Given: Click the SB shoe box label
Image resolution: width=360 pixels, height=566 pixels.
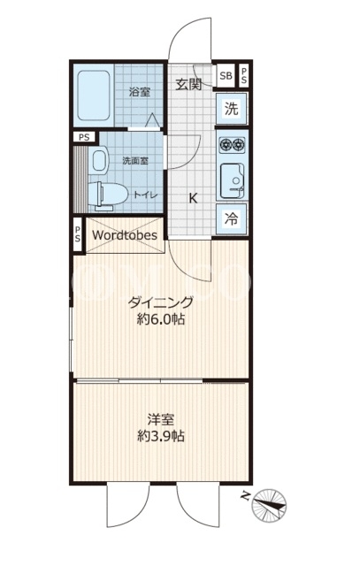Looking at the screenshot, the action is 226,76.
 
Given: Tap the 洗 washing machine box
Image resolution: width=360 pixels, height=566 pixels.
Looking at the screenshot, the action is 232,108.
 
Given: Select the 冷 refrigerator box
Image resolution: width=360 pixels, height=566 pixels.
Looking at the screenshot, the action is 232,218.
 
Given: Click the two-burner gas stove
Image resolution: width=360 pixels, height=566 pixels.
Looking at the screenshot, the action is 232,145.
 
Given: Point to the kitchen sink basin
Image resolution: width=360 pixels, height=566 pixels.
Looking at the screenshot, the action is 232,180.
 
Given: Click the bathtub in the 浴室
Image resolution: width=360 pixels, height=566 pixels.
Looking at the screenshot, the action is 94,96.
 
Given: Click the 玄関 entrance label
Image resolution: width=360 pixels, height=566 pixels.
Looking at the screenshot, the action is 188,85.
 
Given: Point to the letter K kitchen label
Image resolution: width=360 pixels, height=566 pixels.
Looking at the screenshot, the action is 194,198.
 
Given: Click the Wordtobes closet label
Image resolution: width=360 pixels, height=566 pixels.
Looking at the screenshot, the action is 125,235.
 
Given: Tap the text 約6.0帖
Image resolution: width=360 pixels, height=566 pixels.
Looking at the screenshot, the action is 161,319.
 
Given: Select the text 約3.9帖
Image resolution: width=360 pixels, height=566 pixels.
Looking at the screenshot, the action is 161,436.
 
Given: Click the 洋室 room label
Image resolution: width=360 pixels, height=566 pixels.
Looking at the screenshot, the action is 161,419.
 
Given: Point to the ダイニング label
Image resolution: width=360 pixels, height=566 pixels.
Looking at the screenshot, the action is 161,302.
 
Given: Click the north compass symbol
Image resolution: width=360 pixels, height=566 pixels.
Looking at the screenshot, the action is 269,505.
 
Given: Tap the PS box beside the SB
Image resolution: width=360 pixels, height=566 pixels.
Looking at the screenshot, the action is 244,76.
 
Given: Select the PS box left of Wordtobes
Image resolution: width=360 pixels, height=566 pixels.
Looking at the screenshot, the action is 78,234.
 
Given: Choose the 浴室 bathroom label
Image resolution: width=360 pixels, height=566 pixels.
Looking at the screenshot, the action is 140,92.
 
